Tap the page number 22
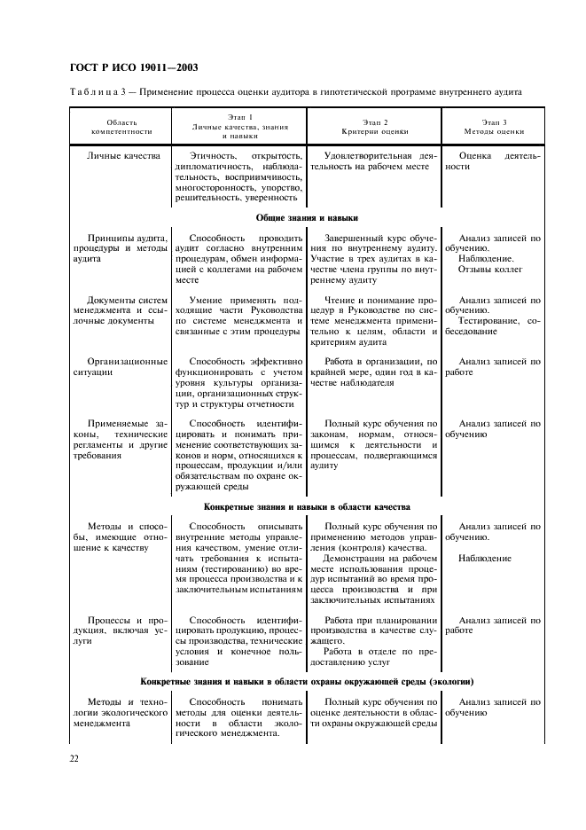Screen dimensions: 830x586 tap(74, 759)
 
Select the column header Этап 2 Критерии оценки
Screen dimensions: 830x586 tap(373, 126)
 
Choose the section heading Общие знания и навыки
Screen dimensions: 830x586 tap(307, 216)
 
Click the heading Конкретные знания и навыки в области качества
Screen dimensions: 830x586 tap(307, 507)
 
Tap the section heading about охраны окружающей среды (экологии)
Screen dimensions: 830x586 tap(307, 681)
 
